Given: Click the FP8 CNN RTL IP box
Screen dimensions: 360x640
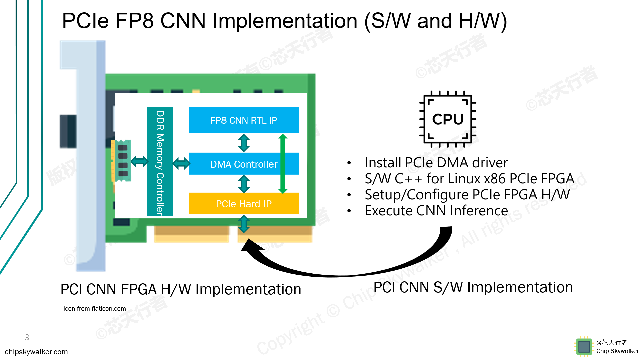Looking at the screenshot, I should (x=244, y=120).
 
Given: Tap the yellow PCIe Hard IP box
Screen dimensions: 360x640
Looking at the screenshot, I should (x=244, y=204).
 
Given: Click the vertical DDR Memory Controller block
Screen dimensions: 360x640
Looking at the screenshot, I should (x=160, y=162).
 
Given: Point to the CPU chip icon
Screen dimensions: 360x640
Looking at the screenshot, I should (x=448, y=119).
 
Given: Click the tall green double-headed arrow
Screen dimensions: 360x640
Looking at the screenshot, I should (x=283, y=164).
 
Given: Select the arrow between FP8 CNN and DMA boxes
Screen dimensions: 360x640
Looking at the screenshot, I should (x=244, y=143).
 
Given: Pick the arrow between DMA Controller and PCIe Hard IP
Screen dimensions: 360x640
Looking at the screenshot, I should (x=244, y=184).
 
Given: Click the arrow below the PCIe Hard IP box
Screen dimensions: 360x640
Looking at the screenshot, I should (x=244, y=224).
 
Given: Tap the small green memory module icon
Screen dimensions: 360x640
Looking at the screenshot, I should (x=121, y=161).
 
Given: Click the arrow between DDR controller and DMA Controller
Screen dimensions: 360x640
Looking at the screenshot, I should (x=181, y=163).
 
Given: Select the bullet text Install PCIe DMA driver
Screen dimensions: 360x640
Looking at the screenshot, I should (x=436, y=163).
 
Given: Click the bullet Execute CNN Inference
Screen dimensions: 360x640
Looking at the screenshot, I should (x=436, y=211).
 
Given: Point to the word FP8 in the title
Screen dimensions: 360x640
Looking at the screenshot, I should (x=134, y=21).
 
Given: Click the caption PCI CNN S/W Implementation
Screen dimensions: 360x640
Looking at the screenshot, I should (x=473, y=287).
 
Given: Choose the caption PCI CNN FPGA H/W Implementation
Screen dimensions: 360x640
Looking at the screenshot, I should (x=181, y=289).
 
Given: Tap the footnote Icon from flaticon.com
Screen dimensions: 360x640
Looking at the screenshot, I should (x=95, y=309).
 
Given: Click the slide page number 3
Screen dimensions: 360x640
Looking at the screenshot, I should (x=27, y=337).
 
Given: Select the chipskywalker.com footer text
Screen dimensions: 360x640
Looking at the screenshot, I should (x=36, y=352).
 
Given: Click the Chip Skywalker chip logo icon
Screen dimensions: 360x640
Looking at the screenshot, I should (x=584, y=347).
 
